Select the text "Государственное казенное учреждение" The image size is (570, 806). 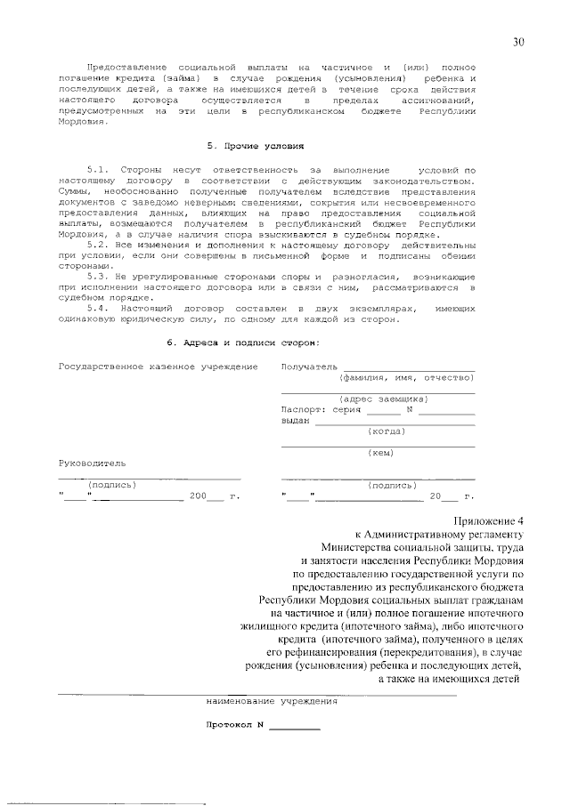158,367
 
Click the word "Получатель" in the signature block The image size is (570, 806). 309,367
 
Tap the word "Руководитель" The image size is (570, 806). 92,463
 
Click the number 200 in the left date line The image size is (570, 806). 198,496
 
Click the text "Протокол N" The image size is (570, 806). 236,723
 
